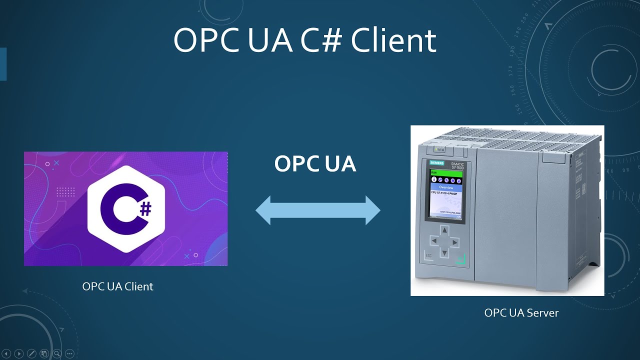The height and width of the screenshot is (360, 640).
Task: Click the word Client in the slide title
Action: (393, 41)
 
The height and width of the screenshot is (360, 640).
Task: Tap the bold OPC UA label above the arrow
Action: (315, 164)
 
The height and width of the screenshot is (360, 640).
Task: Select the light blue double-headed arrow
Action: (318, 210)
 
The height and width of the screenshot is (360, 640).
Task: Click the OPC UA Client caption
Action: (117, 286)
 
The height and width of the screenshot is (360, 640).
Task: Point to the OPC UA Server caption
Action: (521, 313)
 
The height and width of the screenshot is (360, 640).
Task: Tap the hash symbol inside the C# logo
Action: (145, 209)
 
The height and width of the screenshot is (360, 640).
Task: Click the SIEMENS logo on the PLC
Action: (437, 164)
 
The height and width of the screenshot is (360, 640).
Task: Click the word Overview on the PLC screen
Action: (446, 187)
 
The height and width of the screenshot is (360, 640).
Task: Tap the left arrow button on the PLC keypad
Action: (434, 241)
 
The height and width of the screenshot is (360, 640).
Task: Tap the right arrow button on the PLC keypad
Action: (455, 242)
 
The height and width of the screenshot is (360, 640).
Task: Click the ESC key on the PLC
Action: (428, 255)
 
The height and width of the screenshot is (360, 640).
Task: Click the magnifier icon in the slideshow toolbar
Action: (57, 353)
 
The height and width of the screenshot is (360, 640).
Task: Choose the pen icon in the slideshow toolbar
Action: (31, 353)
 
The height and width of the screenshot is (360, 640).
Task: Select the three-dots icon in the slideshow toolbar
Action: (69, 353)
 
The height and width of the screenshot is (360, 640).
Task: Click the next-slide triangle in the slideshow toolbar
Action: (19, 353)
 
